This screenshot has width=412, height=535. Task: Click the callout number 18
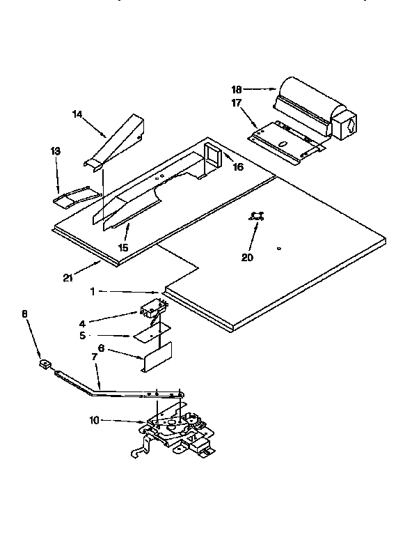(x=237, y=89)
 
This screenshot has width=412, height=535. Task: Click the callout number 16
(x=238, y=167)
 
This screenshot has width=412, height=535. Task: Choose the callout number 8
(x=25, y=313)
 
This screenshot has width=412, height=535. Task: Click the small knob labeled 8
(x=45, y=363)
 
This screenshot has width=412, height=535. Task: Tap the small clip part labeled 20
(x=257, y=217)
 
